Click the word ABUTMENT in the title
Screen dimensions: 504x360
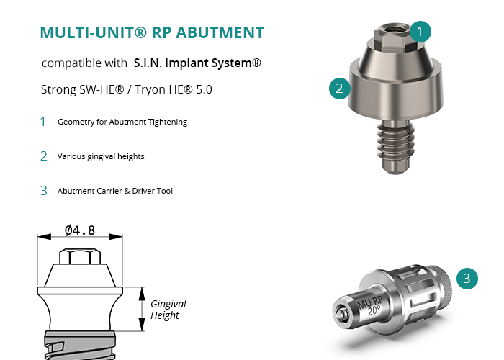pyautogui.click(x=220, y=32)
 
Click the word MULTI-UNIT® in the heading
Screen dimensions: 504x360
pyautogui.click(x=94, y=32)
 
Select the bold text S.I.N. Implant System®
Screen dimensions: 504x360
pyautogui.click(x=197, y=63)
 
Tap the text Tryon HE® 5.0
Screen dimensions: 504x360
pyautogui.click(x=174, y=89)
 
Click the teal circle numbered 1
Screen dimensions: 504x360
pyautogui.click(x=420, y=32)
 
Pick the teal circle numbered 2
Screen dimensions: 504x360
pyautogui.click(x=339, y=89)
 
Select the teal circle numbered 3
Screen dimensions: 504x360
pyautogui.click(x=467, y=279)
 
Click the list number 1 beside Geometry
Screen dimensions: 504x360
pyautogui.click(x=42, y=122)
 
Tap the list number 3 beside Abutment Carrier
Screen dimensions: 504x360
pyautogui.click(x=44, y=191)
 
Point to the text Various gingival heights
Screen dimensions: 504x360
pyautogui.click(x=101, y=156)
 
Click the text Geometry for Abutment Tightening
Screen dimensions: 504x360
pyautogui.click(x=122, y=122)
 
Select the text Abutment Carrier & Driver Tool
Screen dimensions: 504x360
pyautogui.click(x=115, y=191)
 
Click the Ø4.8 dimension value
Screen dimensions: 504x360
pyautogui.click(x=80, y=230)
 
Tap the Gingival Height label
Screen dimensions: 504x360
pyautogui.click(x=168, y=310)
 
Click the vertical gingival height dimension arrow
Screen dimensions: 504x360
pyautogui.click(x=142, y=309)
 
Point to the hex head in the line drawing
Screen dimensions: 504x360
pyautogui.click(x=80, y=256)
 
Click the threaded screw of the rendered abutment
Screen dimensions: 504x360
pyautogui.click(x=396, y=146)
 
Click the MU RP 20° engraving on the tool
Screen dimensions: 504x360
pyautogui.click(x=372, y=306)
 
